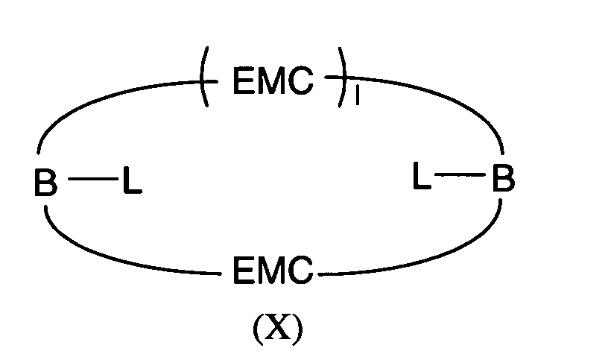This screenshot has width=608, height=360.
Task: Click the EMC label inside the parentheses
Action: [273, 80]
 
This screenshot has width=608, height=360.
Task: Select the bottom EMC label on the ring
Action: [273, 270]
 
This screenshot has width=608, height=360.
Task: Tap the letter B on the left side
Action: [45, 182]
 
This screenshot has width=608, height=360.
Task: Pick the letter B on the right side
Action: [503, 177]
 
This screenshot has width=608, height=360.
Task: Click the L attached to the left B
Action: [132, 180]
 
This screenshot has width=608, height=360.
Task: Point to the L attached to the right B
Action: [422, 176]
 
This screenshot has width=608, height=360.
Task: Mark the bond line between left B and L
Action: [93, 179]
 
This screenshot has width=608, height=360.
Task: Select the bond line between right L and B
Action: [460, 175]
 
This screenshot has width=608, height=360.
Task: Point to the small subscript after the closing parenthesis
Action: [357, 95]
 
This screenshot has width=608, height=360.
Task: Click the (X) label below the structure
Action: [278, 329]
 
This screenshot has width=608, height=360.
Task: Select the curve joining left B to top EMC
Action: [97, 99]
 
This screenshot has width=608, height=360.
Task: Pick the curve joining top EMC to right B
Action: [446, 96]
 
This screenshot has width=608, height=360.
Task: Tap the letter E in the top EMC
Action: [243, 80]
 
